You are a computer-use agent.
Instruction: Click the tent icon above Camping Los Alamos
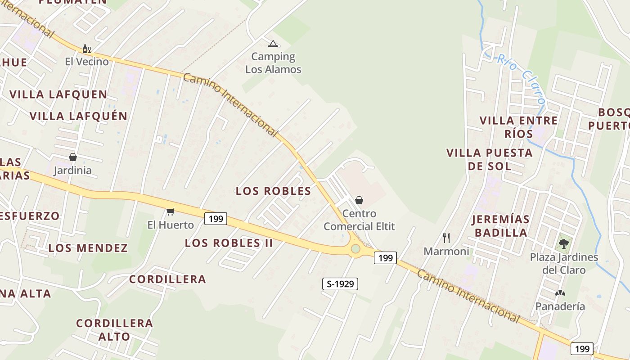(x=273, y=44)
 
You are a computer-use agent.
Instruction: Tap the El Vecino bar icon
(x=86, y=49)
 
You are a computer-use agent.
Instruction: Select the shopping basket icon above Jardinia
(x=72, y=157)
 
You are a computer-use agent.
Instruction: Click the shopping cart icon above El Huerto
(x=171, y=211)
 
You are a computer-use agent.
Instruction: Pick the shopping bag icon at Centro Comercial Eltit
(x=359, y=200)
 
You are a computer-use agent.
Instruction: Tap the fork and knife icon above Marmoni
(x=446, y=238)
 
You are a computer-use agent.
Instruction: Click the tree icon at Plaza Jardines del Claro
(x=563, y=244)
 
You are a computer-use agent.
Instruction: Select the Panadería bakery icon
(x=560, y=293)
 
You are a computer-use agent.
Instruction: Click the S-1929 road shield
(x=340, y=284)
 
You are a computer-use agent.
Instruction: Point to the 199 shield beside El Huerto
(x=216, y=219)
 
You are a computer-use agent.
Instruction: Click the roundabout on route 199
(x=355, y=249)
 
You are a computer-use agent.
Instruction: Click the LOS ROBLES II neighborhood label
(x=229, y=243)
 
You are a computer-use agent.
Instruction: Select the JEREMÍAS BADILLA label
(x=500, y=226)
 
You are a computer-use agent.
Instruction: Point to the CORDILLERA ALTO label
(x=114, y=329)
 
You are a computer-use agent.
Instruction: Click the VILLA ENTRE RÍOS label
(x=518, y=127)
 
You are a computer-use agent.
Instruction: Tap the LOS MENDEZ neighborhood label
(x=88, y=248)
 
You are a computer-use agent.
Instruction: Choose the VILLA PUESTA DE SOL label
(x=490, y=159)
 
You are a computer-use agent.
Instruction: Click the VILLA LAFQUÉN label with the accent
(x=79, y=116)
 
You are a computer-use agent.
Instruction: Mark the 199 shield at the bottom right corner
(x=582, y=348)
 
